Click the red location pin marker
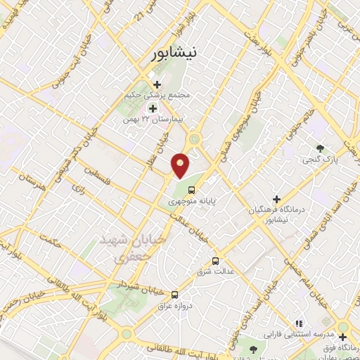pos(181,165)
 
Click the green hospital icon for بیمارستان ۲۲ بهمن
pos(153,108)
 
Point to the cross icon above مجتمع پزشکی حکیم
pos(156,86)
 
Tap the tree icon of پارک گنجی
pos(321,148)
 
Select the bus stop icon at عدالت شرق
pos(215,260)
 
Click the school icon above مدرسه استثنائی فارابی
pos(299,323)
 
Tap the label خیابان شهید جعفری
pos(143,249)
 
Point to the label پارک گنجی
pos(318,160)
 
